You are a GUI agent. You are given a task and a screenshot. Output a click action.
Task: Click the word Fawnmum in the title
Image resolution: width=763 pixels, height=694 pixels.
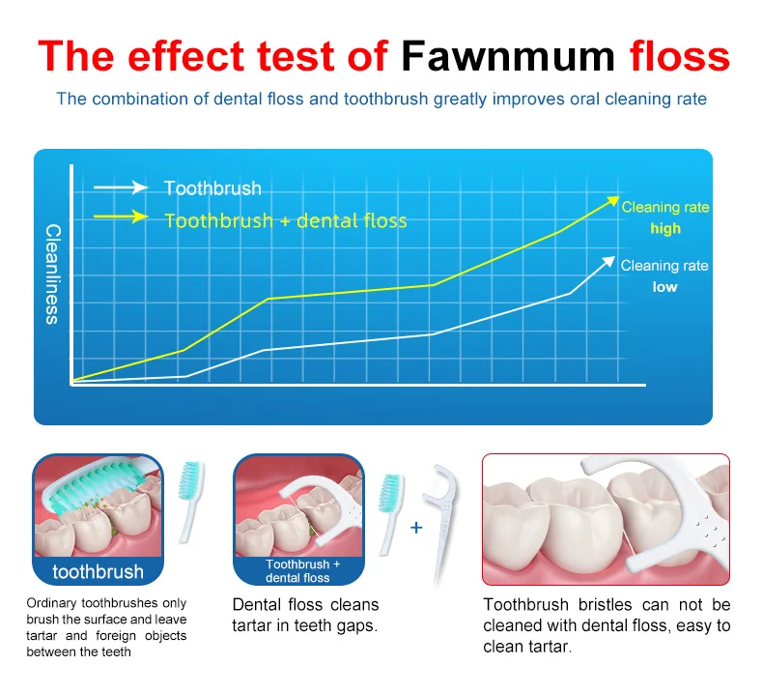click(508, 56)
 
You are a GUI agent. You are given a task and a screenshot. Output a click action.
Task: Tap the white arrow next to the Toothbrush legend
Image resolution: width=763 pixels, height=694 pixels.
click(121, 188)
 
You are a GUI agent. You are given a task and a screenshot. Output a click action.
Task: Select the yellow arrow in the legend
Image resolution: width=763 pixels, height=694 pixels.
click(121, 217)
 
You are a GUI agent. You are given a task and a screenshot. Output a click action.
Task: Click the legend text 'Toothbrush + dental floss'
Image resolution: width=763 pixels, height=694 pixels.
click(286, 221)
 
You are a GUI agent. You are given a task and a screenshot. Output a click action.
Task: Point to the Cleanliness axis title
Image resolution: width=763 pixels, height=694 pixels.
click(52, 275)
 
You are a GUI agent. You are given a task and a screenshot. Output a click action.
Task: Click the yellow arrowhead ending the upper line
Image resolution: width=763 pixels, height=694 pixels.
click(612, 201)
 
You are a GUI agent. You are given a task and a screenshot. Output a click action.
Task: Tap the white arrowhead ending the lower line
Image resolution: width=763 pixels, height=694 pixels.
click(608, 262)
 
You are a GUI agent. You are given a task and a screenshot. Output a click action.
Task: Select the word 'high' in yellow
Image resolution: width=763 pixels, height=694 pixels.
click(665, 228)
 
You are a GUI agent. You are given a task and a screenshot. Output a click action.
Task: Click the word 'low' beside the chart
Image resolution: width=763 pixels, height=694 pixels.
click(664, 287)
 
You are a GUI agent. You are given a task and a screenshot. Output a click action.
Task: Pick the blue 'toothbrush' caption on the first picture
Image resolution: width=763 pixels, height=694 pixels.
click(98, 572)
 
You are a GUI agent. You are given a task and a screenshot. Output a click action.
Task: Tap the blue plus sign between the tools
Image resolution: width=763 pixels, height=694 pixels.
click(416, 528)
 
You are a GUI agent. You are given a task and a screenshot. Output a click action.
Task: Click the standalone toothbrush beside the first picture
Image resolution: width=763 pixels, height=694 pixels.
click(190, 502)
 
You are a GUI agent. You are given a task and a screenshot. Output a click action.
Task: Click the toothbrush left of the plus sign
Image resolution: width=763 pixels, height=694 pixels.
click(390, 514)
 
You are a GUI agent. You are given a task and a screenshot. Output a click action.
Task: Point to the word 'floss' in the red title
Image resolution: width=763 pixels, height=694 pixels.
click(680, 56)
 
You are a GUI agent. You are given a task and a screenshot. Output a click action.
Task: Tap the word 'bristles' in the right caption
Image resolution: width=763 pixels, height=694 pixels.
click(605, 605)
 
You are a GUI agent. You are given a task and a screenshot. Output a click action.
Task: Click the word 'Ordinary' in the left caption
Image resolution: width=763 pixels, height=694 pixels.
click(51, 603)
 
